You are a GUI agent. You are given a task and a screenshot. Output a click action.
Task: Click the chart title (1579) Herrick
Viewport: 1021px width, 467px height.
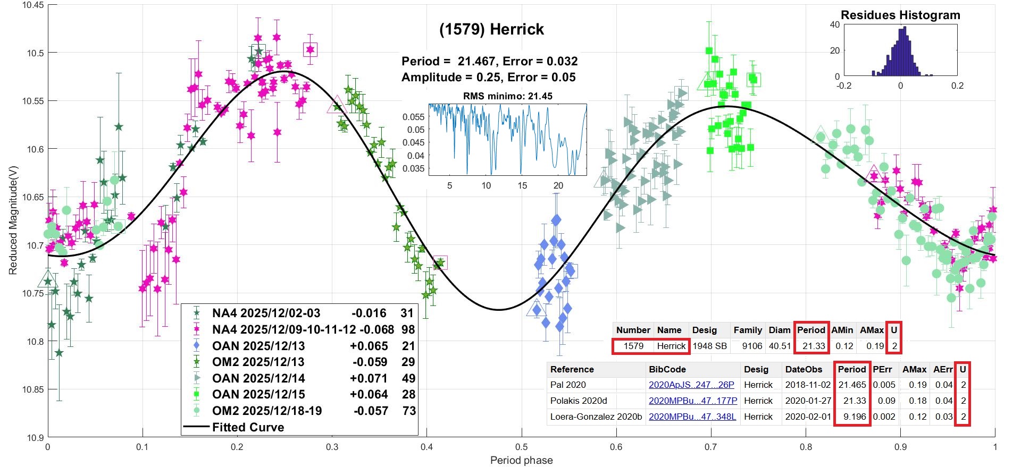coord(491,29)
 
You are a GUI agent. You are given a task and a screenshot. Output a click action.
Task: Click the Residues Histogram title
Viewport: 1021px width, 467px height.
coord(900,15)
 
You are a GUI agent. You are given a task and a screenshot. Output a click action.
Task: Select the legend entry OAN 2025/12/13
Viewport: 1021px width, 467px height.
coord(258,346)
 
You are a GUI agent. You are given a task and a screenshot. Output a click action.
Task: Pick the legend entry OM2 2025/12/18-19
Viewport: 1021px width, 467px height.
coord(266,411)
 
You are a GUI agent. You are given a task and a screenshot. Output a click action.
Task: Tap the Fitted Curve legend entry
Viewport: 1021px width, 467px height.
coord(248,427)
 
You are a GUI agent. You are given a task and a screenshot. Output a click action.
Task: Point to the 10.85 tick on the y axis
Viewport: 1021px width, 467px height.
coord(34,389)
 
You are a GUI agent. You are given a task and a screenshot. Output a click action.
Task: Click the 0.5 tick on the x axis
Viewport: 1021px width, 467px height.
coord(522,447)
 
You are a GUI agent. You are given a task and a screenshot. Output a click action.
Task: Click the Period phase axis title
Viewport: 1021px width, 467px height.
coord(521,460)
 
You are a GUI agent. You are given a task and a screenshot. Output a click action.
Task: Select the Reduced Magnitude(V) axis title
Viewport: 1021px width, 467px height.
coord(13,219)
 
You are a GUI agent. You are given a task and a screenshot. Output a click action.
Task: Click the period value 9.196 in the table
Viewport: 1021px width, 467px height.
coord(851,417)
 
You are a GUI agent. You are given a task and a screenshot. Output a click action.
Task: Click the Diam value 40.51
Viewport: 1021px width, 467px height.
coord(780,346)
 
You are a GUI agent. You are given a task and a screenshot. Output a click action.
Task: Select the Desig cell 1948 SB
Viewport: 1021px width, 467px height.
coord(709,346)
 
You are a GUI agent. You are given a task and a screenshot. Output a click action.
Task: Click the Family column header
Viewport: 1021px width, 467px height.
coord(748,330)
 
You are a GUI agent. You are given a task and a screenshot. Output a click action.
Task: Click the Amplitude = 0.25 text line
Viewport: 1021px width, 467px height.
coord(488,77)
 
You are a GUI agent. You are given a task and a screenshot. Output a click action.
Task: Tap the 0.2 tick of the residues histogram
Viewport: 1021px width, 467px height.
coord(957,86)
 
